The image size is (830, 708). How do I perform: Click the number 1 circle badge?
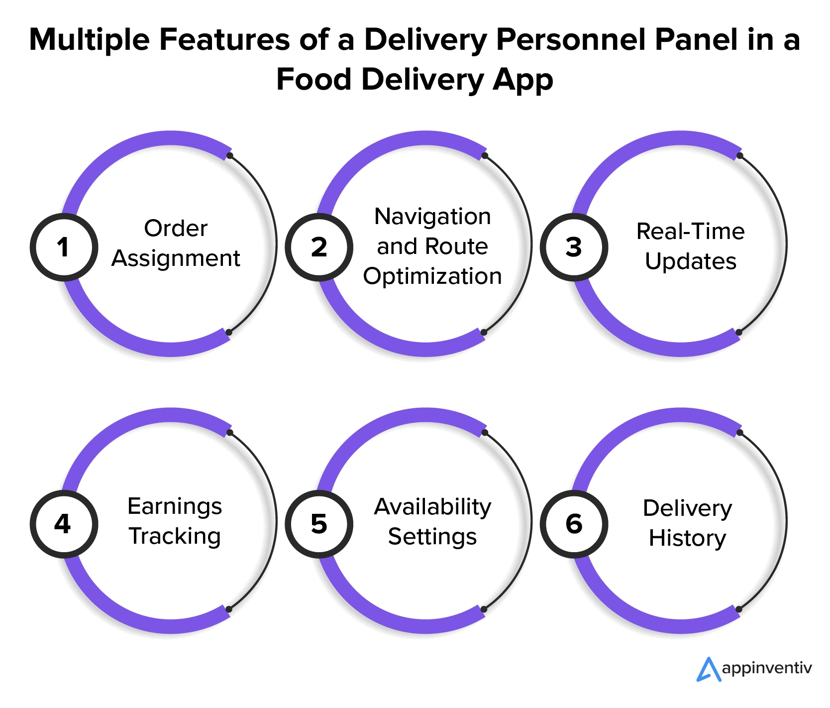63,247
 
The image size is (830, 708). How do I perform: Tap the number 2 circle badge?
318,247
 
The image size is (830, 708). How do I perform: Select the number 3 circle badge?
574,247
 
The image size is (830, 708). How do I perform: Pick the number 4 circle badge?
63,524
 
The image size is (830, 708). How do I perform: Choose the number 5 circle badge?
318,524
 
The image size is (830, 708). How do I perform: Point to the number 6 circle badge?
574,524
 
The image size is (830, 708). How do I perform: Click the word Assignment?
176,259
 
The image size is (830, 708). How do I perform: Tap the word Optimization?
432,276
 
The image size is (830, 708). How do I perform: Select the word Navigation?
432,217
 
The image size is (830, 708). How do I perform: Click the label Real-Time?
690,232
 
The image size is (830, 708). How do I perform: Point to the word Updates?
690,261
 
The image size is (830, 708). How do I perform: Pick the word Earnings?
175,507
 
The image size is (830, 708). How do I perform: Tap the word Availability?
432,507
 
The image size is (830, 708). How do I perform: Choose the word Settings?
432,537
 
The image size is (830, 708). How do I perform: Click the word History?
687,538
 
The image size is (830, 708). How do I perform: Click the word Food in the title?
313,80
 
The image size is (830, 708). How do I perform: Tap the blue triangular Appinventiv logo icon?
708,669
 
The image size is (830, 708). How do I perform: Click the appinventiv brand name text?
767,668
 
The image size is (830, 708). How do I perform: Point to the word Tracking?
175,536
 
